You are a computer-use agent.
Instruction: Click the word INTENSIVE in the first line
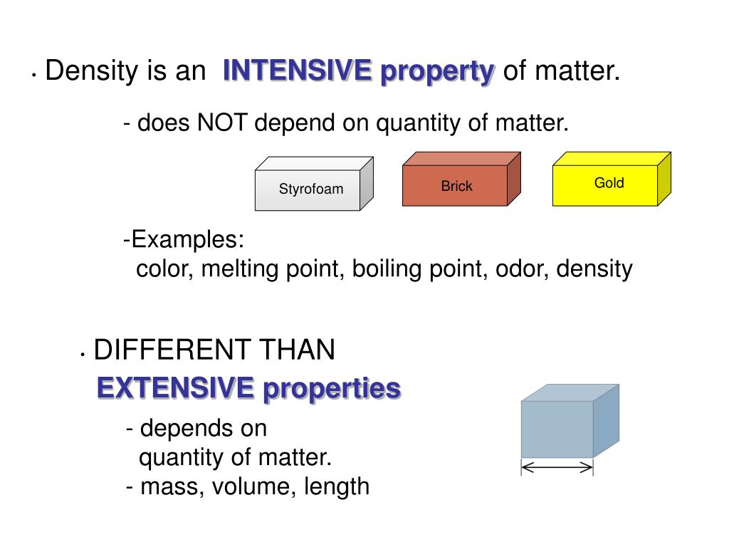point(297,71)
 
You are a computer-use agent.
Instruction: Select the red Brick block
point(456,187)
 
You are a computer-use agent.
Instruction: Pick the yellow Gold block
point(609,183)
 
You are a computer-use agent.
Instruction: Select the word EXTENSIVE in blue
point(175,389)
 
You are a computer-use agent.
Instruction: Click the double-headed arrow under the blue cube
point(557,468)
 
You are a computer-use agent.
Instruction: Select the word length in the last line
point(337,487)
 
